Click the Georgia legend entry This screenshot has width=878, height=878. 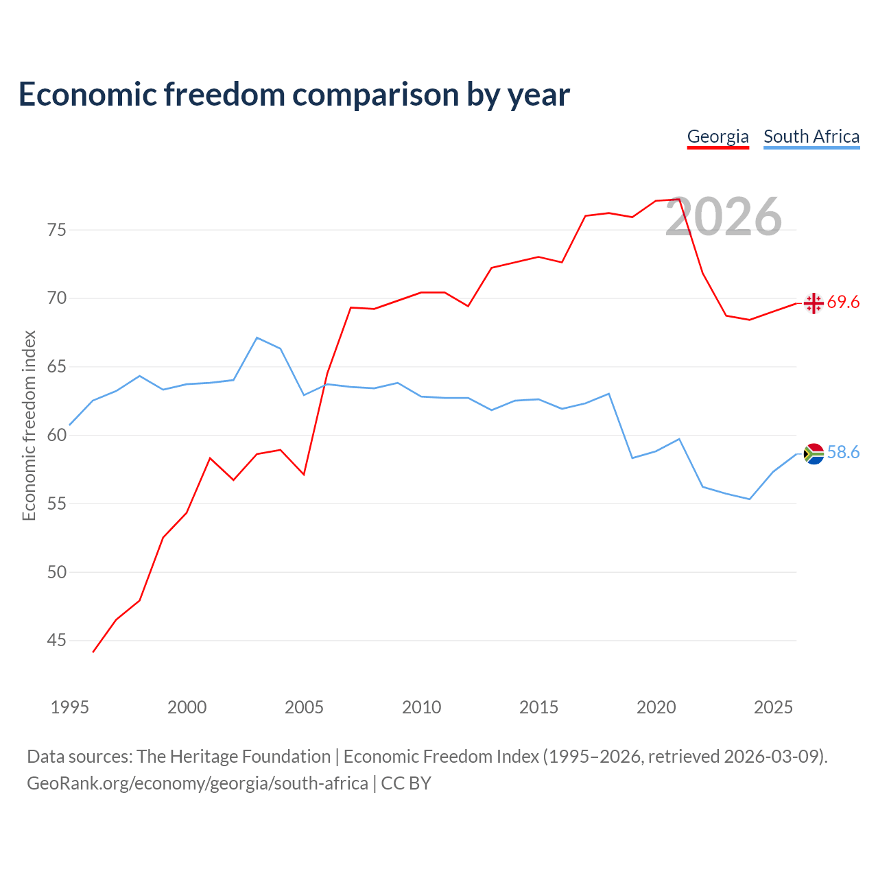click(717, 137)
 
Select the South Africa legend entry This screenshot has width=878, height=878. click(811, 137)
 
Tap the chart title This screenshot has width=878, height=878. click(294, 95)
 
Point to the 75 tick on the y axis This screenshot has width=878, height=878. click(56, 230)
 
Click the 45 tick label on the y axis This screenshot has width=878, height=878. click(56, 641)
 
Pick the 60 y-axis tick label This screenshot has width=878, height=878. click(56, 435)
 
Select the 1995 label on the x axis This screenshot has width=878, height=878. click(70, 707)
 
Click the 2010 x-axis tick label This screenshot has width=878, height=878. click(421, 707)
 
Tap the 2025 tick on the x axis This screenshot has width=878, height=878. click(773, 707)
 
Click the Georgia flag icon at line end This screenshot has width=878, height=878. click(814, 303)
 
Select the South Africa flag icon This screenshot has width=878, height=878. click(814, 454)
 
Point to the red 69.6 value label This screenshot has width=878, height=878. click(843, 302)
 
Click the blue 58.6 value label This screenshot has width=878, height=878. click(843, 453)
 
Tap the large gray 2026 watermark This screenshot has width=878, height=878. click(724, 217)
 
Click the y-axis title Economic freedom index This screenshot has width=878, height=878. click(29, 425)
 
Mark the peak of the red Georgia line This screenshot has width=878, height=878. click(679, 199)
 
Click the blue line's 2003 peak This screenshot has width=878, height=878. click(257, 337)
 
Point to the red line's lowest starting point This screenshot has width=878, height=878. click(93, 652)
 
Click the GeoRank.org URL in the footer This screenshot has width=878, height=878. click(198, 783)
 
